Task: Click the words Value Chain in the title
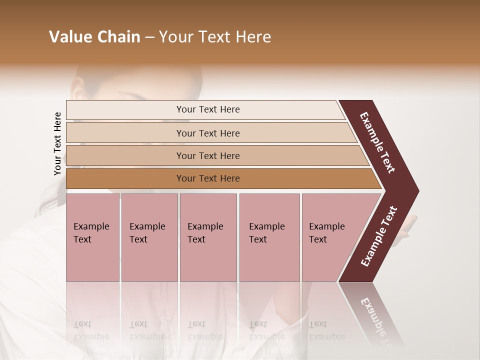click(x=94, y=37)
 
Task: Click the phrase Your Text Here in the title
click(x=215, y=37)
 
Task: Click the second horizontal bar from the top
click(x=208, y=133)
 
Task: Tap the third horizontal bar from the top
click(x=208, y=155)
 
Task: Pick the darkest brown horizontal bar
click(x=208, y=178)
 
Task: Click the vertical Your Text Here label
click(x=57, y=143)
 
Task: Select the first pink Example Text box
click(x=93, y=237)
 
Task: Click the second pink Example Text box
click(x=149, y=237)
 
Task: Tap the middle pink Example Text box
click(x=208, y=237)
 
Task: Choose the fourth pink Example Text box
click(x=269, y=237)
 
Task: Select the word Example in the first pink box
click(x=91, y=226)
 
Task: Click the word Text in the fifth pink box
click(x=317, y=239)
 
